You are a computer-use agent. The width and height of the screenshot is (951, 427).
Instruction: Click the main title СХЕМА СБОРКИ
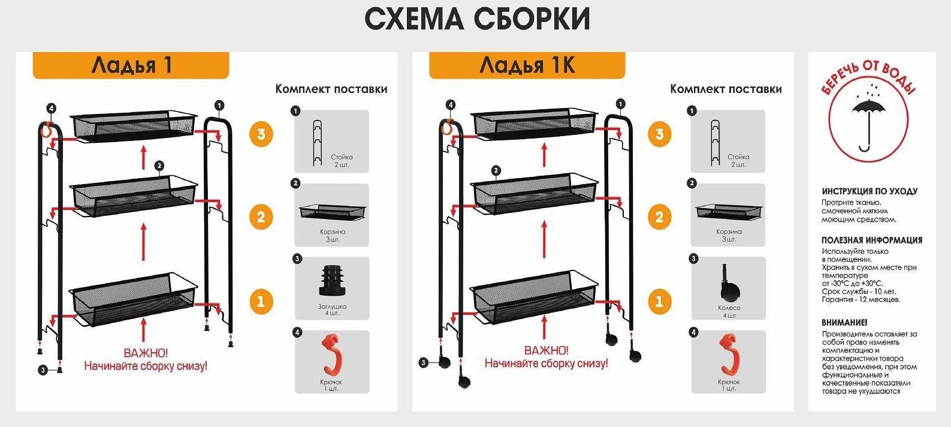tap(477, 19)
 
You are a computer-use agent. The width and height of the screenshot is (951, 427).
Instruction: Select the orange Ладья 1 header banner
tap(131, 65)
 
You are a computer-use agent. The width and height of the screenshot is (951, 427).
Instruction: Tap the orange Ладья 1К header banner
tap(527, 65)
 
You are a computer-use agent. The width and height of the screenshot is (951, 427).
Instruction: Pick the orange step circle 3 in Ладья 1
tap(261, 134)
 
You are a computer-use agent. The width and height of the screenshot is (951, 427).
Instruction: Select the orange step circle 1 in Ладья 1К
tap(659, 301)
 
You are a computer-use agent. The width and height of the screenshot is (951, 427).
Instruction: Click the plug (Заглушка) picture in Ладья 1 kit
tap(332, 281)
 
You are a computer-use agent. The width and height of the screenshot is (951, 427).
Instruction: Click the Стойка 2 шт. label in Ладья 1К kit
tap(738, 161)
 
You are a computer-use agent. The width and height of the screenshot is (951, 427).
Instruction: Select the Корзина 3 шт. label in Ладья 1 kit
tap(332, 235)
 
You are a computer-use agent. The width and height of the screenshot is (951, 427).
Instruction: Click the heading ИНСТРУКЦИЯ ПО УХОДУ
tap(869, 191)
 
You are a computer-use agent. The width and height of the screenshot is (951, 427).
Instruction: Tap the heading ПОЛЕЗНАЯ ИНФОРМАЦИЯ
tap(871, 240)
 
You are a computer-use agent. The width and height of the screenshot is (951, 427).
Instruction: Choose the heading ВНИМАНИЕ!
tap(844, 322)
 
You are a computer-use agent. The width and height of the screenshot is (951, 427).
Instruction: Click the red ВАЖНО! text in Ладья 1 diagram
tap(145, 353)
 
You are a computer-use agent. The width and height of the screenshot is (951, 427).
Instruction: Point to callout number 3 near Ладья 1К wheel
tap(424, 362)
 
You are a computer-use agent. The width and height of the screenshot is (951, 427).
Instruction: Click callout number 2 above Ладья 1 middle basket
tap(159, 166)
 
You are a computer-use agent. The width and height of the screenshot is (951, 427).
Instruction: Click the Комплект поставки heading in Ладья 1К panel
tap(725, 89)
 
